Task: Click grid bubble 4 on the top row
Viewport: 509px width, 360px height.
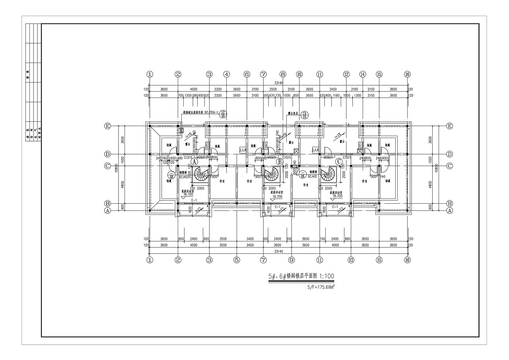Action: (x=226, y=74)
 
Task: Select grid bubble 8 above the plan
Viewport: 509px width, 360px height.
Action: (x=283, y=74)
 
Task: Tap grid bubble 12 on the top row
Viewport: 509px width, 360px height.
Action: (x=346, y=74)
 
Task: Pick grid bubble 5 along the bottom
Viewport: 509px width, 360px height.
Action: (x=237, y=260)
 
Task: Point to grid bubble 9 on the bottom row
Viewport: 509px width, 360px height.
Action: (x=291, y=260)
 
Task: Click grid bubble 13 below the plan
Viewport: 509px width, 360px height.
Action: (x=351, y=260)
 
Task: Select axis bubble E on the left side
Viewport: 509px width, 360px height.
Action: (x=107, y=126)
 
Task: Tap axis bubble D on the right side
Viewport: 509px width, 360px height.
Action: (x=449, y=154)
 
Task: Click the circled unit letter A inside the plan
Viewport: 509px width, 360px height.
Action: (x=194, y=162)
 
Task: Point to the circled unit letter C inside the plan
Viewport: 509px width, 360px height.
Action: (x=339, y=162)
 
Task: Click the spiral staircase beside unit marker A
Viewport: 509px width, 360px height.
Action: (x=200, y=174)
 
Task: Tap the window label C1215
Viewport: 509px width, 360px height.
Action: (x=188, y=158)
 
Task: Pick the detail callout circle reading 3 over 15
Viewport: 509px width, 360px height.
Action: (x=305, y=115)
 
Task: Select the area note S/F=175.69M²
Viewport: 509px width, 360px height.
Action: (x=321, y=286)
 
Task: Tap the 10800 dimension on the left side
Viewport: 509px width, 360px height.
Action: (x=116, y=168)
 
